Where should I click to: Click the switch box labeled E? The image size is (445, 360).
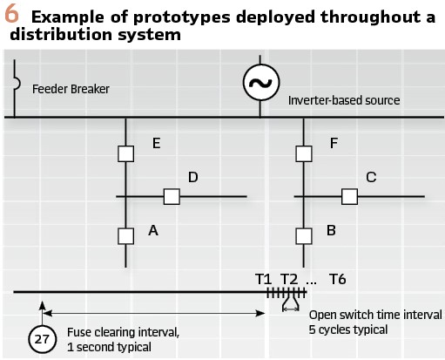point(126,153)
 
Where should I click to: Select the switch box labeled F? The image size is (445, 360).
point(304,153)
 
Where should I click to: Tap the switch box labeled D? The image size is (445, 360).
point(172,197)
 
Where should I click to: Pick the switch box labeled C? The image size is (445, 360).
point(349,197)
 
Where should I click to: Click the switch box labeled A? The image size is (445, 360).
point(126,236)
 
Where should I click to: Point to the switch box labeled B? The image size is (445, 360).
point(304,236)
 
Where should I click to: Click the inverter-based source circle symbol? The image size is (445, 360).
point(261,83)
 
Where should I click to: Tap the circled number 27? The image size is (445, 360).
point(43,339)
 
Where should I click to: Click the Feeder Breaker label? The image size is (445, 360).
point(71,89)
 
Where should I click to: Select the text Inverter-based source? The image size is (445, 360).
point(344,100)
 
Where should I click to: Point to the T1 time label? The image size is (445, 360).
point(264,279)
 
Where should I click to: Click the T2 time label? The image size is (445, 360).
point(289,279)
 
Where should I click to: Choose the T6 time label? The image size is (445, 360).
point(338,279)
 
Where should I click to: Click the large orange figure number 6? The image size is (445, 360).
point(11,14)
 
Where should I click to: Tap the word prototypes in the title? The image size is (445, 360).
point(182,17)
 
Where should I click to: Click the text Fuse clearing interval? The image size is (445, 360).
point(123,332)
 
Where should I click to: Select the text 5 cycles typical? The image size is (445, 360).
point(348,329)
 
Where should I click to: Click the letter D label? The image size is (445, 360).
point(193,177)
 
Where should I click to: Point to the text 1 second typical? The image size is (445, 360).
point(109,347)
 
